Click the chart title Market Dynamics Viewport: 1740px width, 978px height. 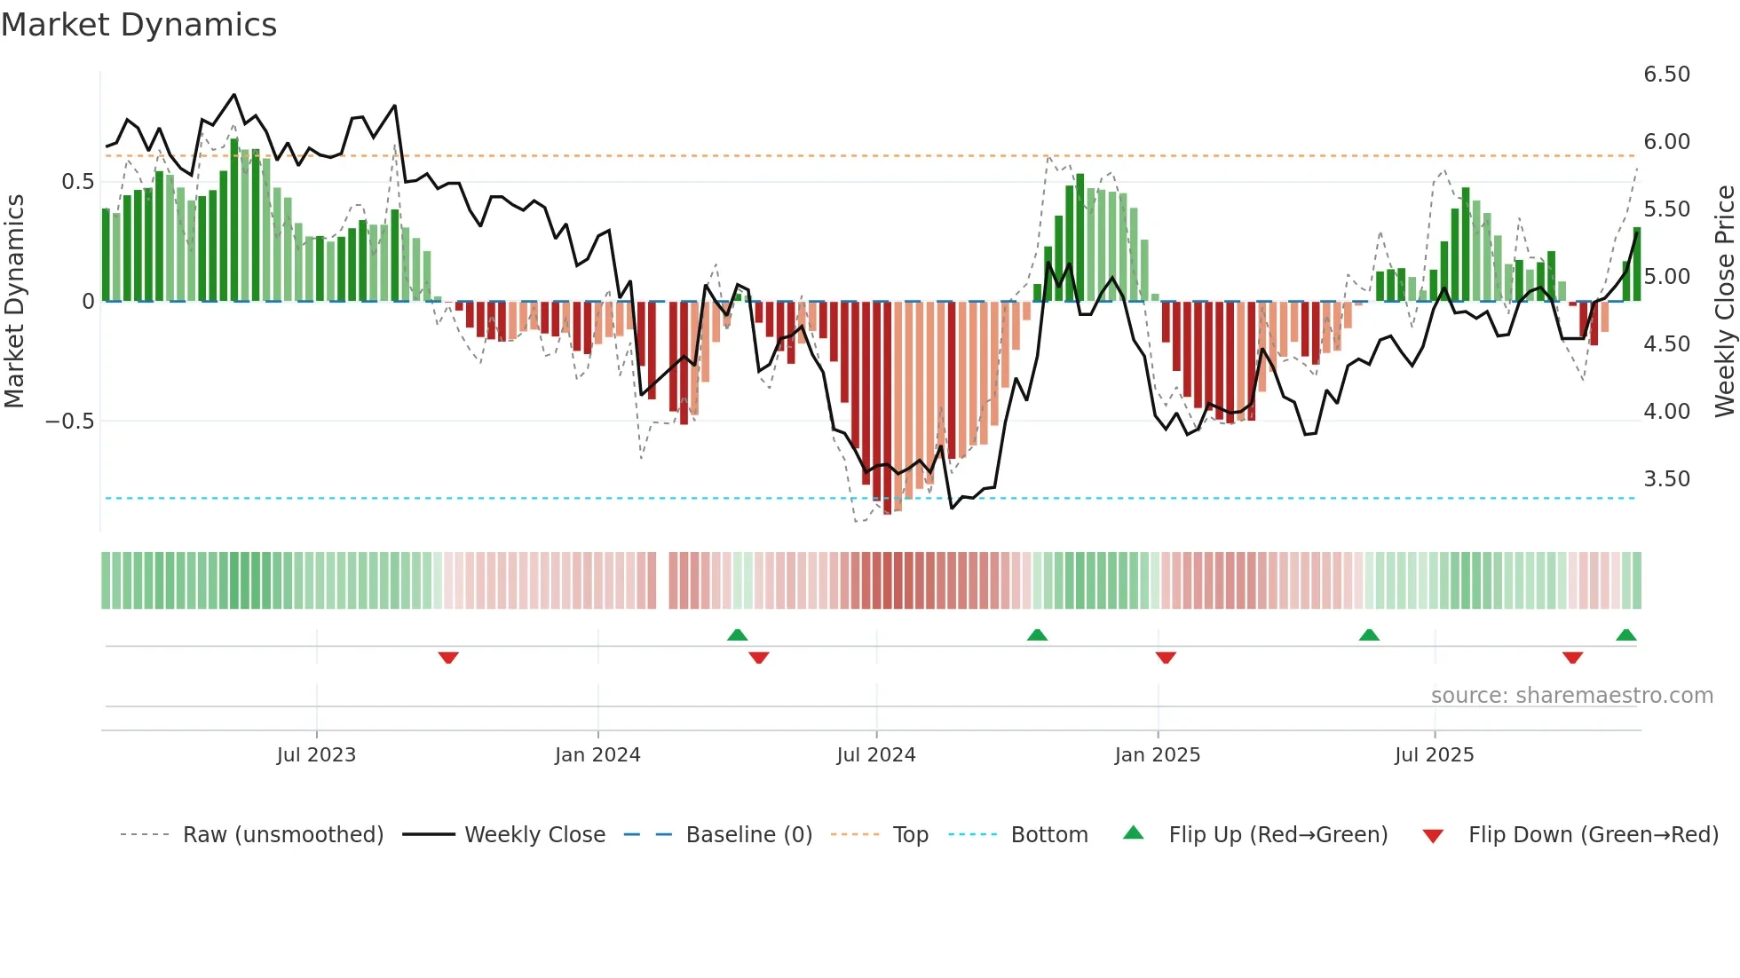tap(138, 25)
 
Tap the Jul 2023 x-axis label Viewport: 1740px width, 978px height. tap(316, 755)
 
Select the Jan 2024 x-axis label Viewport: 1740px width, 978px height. tap(597, 755)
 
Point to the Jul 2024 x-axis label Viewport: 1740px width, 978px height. tap(876, 755)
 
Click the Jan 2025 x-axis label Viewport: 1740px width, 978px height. tap(1158, 755)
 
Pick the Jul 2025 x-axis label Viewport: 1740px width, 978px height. tap(1435, 755)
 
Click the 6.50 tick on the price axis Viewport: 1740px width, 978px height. tap(1667, 75)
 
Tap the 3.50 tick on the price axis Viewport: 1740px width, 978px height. tap(1667, 479)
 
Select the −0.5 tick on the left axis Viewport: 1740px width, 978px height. tap(70, 422)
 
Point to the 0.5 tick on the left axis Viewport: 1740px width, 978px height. tap(78, 182)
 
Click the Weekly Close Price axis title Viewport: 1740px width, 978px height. tap(1724, 301)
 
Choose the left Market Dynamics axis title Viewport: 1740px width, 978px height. tap(14, 301)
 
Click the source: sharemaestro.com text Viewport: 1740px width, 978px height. tap(1571, 696)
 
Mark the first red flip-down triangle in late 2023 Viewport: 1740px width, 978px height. tap(448, 658)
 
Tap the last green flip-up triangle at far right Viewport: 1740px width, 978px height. tap(1626, 635)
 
